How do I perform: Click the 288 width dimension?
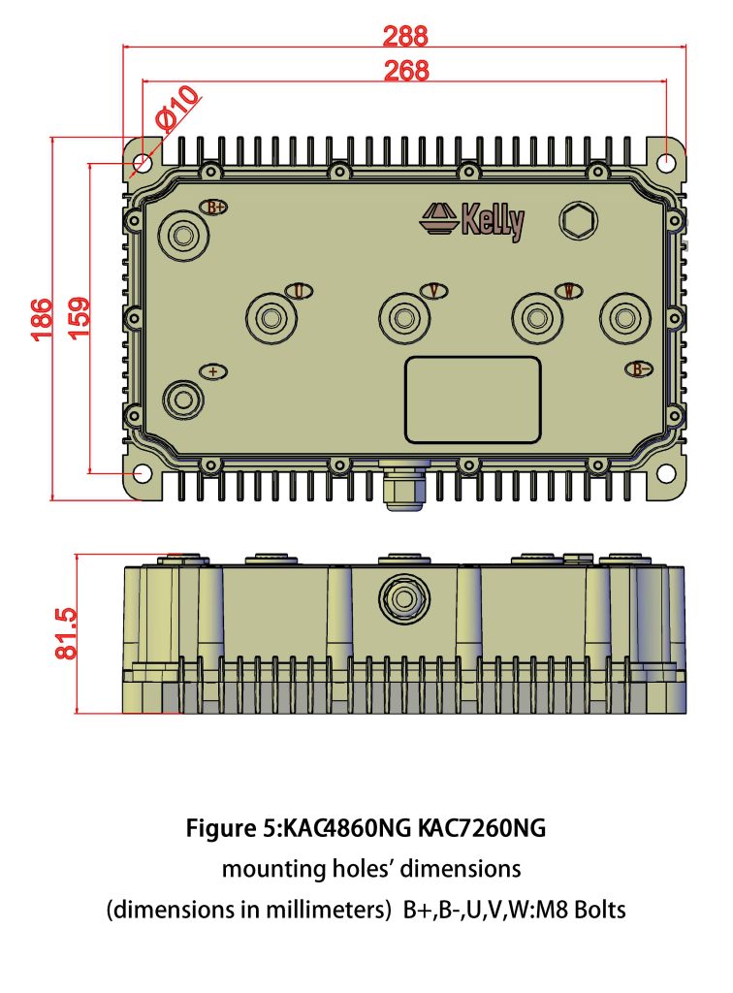tap(404, 37)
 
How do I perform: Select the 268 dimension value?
tap(404, 71)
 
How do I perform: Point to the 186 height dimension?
tap(41, 319)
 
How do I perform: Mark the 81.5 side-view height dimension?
tap(65, 634)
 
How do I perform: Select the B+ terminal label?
tap(214, 207)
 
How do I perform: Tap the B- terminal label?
tap(637, 369)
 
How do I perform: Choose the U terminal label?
tap(300, 291)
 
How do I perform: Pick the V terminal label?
tap(434, 291)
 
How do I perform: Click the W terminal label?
tap(568, 291)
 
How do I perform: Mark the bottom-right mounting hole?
tap(668, 472)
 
